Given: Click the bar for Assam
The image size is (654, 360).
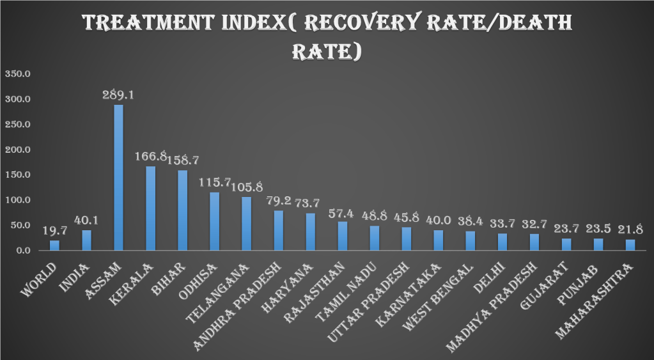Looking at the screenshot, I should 118,178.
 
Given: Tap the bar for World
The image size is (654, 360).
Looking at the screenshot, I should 54,246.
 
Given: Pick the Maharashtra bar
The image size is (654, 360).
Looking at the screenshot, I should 630,245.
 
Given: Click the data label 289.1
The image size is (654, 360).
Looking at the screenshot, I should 118,95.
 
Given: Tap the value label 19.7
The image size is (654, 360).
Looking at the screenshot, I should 54,230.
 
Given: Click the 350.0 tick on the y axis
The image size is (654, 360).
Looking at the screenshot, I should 18,74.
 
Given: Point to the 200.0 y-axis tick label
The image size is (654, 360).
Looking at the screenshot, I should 18,150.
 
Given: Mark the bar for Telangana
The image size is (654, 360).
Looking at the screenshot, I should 247,223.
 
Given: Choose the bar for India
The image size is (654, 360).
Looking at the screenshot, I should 86,240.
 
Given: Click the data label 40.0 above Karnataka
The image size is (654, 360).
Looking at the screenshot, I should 439,219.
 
